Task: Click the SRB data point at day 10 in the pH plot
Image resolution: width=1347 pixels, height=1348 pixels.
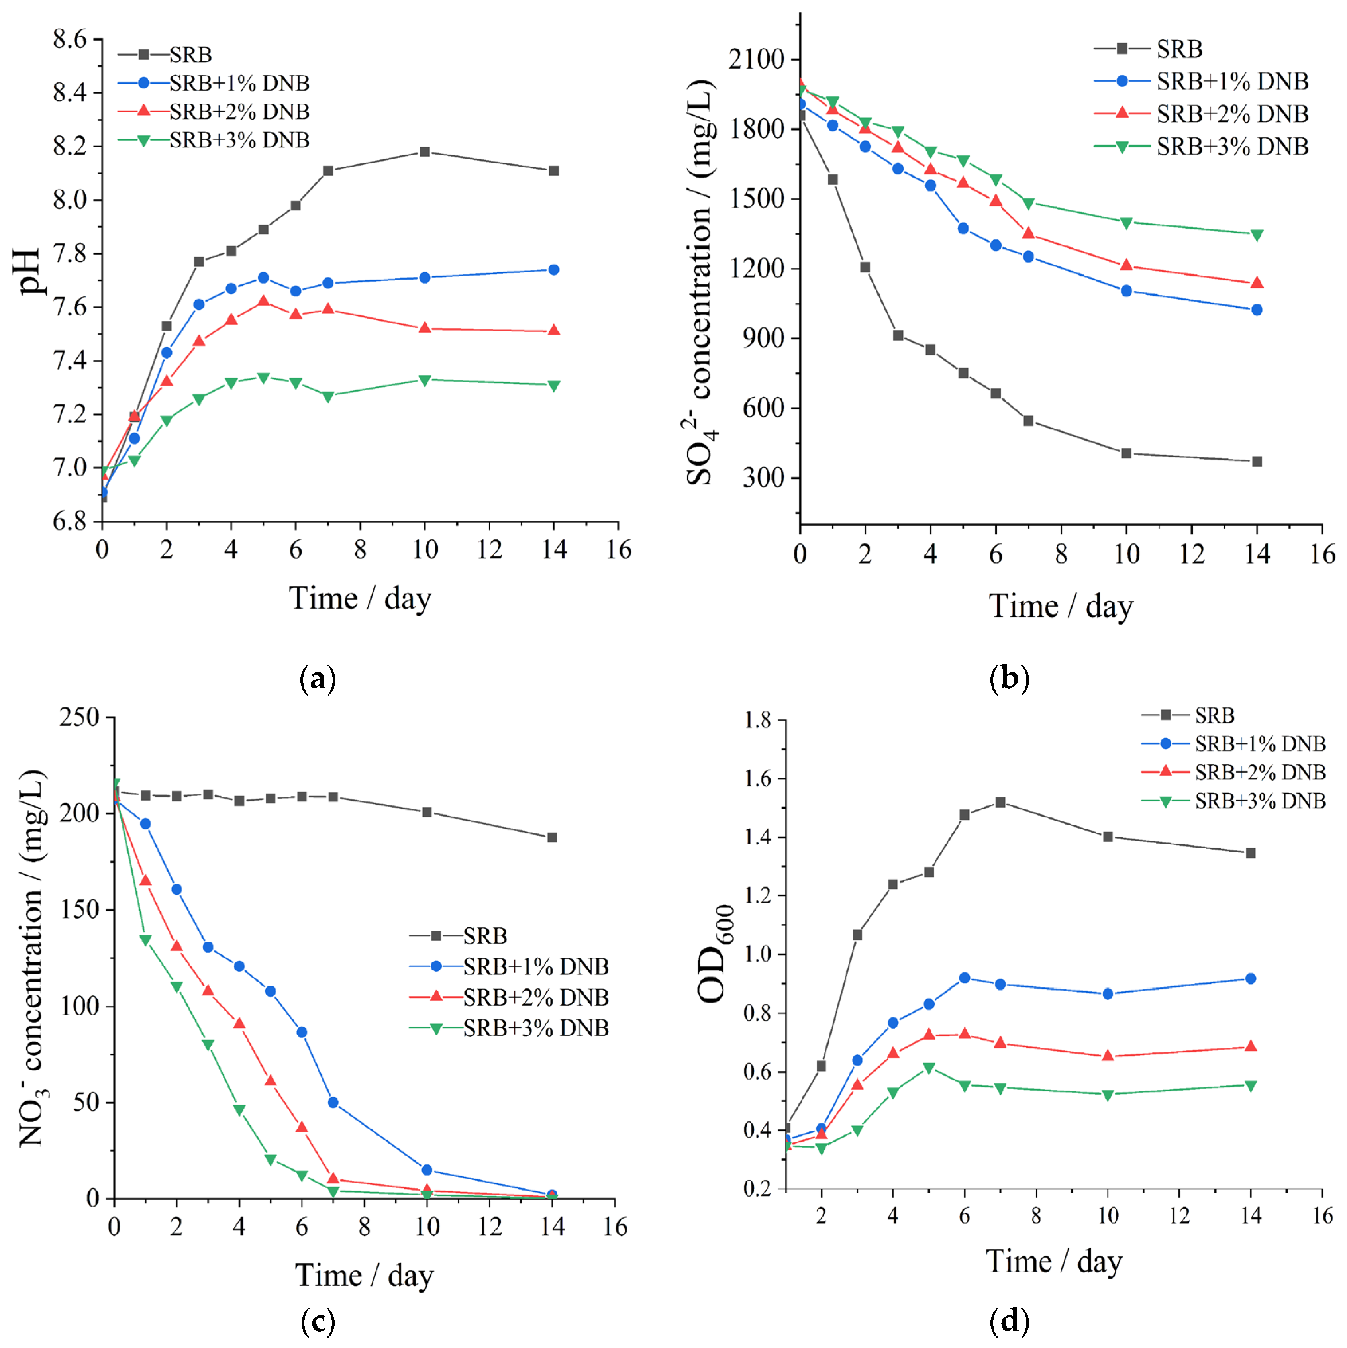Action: click(x=424, y=151)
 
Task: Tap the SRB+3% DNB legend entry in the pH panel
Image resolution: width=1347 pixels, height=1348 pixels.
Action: click(x=239, y=140)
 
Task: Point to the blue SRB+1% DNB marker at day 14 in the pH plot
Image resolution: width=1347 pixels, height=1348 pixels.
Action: click(x=553, y=269)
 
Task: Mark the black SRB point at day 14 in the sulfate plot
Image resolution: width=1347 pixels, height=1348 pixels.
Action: click(x=1257, y=461)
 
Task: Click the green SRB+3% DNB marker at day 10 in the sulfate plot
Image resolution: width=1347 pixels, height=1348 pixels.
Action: click(x=1126, y=223)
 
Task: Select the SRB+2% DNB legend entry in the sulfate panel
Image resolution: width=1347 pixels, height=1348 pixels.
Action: click(x=1232, y=114)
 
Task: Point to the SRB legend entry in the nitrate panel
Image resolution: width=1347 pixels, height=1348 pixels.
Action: click(x=485, y=936)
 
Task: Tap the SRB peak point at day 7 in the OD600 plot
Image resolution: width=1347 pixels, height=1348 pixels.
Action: click(x=1000, y=802)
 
